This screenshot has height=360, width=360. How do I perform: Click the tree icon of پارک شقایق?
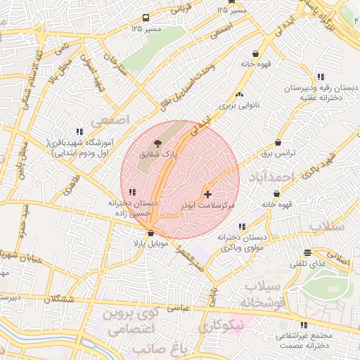point(157,143)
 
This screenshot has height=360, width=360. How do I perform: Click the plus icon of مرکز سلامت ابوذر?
point(207,193)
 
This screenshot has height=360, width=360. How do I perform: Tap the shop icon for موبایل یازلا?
point(150,233)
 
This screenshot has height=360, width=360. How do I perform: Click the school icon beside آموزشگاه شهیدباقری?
point(79,131)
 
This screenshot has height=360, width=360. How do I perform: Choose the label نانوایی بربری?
point(239,105)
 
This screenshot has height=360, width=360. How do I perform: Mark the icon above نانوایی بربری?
point(239,94)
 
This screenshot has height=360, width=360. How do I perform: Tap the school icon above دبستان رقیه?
point(321,77)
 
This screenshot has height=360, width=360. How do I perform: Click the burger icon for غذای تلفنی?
point(307,252)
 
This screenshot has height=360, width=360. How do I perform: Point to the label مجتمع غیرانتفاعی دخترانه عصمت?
point(304,341)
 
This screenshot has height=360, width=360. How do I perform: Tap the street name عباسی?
point(177,307)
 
